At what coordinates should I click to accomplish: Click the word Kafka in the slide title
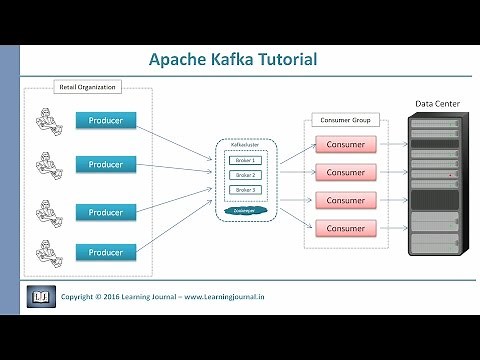[x=230, y=60]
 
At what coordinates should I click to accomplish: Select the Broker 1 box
[x=243, y=160]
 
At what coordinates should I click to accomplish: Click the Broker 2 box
[x=243, y=175]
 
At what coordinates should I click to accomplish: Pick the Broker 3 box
[x=243, y=190]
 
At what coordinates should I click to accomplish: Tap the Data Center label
[x=436, y=103]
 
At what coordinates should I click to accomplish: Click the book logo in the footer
[x=41, y=297]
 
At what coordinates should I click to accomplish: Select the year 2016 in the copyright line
[x=123, y=297]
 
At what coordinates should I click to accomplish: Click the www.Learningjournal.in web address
[x=250, y=297]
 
